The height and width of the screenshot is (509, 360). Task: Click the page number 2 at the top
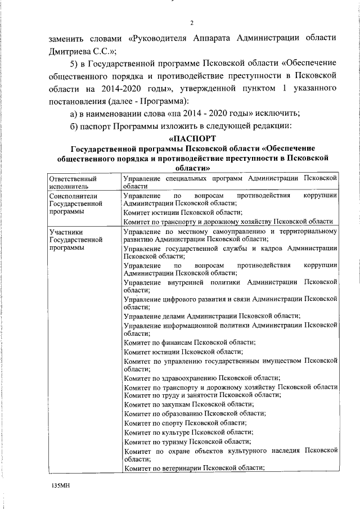point(191,23)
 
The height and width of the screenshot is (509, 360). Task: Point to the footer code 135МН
point(58,484)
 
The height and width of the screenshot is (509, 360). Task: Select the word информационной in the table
point(188,325)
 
